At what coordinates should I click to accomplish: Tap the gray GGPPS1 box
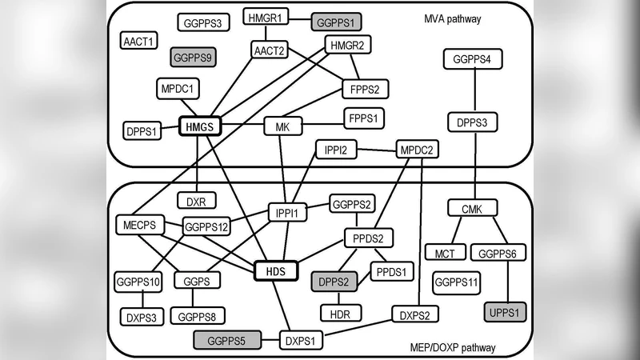coord(338,22)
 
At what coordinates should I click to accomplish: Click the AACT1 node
coord(142,40)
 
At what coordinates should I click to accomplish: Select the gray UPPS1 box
coord(506,311)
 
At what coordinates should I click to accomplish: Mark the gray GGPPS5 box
coord(228,341)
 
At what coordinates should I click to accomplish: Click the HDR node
coord(342,312)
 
